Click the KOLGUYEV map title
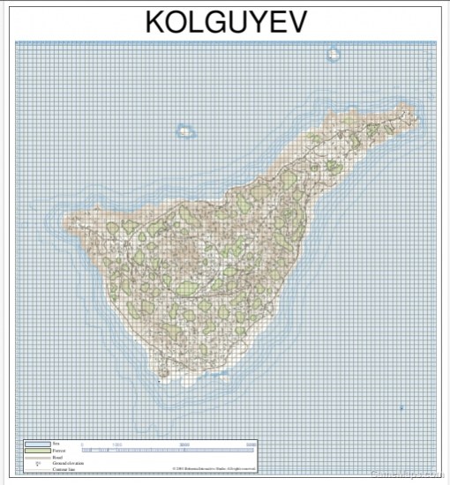[x=225, y=21]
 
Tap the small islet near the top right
[x=334, y=55]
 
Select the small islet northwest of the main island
[x=185, y=131]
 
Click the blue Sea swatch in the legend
[x=37, y=444]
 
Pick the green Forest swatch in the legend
[x=37, y=451]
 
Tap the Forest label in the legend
[x=59, y=451]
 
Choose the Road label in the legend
[x=58, y=457]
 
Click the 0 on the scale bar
[x=82, y=444]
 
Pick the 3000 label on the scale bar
[x=184, y=444]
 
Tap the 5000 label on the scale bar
[x=251, y=444]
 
